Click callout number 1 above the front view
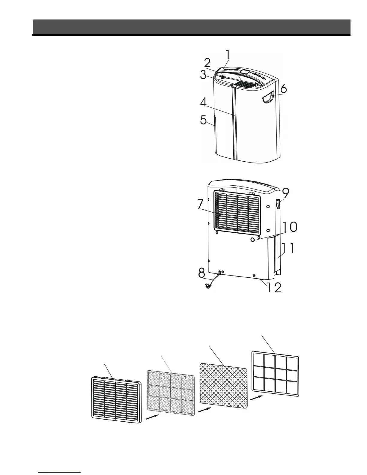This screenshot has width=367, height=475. tap(228, 55)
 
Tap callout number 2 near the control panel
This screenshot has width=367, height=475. tap(207, 64)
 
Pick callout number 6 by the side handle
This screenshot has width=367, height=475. tap(283, 89)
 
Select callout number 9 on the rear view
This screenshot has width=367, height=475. tap(286, 193)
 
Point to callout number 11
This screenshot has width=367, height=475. tap(288, 249)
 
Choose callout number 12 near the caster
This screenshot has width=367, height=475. tap(274, 288)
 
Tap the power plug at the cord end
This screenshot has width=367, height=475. tap(207, 286)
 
